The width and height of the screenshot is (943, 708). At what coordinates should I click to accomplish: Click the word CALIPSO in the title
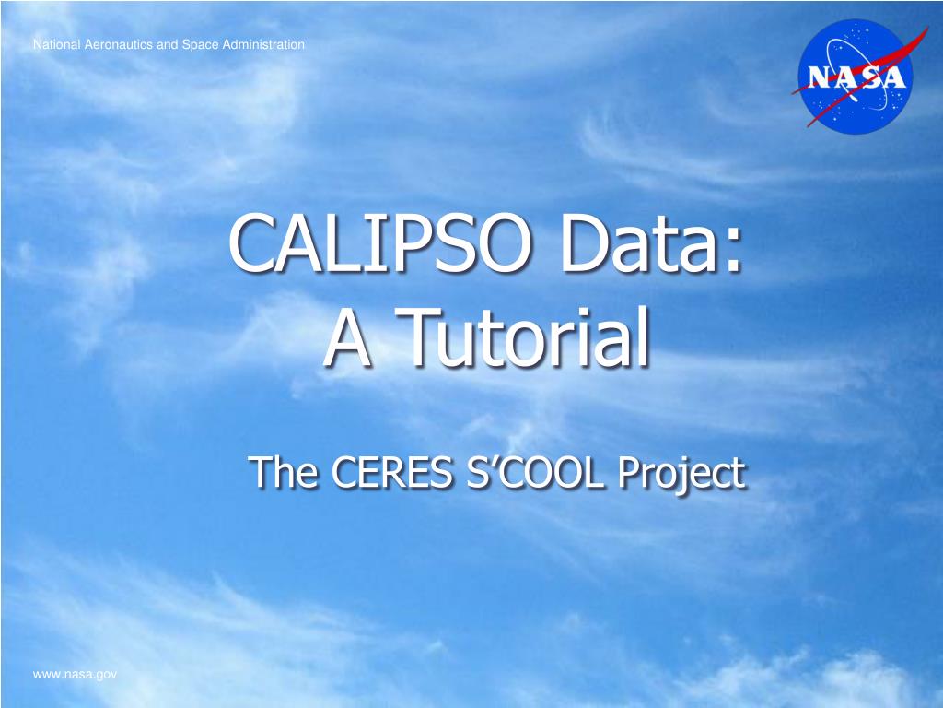pos(378,247)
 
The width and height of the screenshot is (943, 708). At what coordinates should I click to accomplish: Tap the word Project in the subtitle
pos(681,475)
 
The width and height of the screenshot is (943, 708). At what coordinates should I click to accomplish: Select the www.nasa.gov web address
pos(76,675)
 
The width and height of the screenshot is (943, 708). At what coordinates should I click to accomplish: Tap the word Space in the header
pos(197,44)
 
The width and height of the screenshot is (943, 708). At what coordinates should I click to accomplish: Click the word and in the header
pos(167,44)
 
